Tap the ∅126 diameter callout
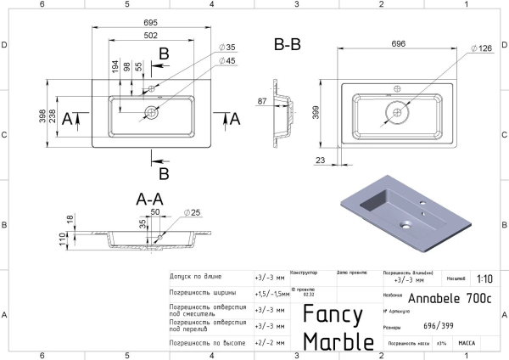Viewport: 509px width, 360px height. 484,48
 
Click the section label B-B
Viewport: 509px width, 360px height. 288,44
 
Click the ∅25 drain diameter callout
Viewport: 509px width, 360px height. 191,212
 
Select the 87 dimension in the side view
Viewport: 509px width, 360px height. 263,102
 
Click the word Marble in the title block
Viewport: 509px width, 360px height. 338,341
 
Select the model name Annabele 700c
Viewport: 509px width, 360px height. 449,299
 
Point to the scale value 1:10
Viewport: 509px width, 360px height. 484,278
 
